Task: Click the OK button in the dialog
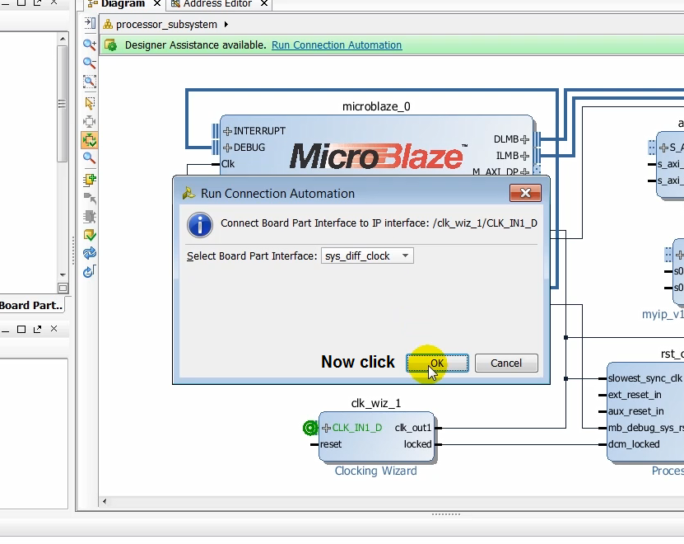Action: tap(438, 363)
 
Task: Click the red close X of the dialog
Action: tap(524, 193)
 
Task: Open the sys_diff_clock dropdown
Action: tap(367, 256)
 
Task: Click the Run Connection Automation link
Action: tap(337, 45)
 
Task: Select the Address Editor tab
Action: tap(217, 4)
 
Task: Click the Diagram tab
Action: tap(123, 4)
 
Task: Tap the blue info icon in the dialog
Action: tap(200, 224)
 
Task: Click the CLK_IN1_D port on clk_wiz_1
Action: tap(356, 428)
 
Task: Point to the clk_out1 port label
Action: tap(412, 428)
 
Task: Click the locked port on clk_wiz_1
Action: tap(417, 444)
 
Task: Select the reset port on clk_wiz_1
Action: tap(331, 444)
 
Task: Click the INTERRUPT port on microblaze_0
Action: tap(259, 131)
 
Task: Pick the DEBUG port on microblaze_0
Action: tap(249, 148)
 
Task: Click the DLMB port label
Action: tap(506, 139)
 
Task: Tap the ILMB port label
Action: tap(507, 156)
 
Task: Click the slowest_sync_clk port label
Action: tap(644, 378)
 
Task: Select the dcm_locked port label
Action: tap(633, 444)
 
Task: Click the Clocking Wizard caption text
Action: tap(375, 471)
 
